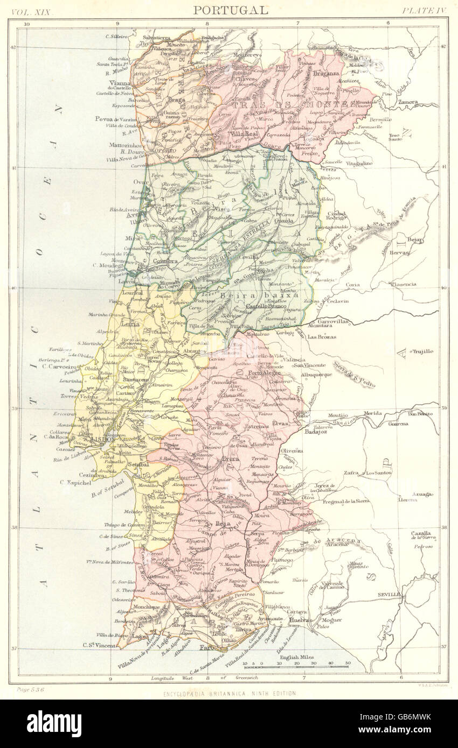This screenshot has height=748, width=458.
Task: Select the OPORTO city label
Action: click(163, 151)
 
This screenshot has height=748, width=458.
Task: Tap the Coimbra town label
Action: click(165, 262)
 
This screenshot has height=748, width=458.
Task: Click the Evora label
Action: click(231, 459)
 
